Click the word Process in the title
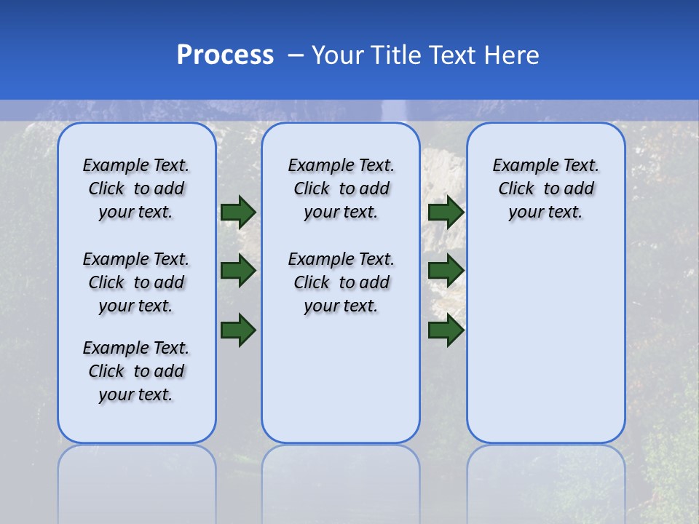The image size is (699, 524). pos(225,55)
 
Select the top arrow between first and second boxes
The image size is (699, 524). pos(238,212)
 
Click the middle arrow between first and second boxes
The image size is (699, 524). pos(238,271)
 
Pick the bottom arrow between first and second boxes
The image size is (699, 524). pos(238,329)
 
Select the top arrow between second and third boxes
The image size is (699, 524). pos(446,212)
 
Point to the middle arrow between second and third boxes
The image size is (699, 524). pos(446,271)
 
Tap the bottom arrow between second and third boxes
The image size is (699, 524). pos(446,329)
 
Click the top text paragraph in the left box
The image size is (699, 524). pos(136,188)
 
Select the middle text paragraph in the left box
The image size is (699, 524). pos(136,282)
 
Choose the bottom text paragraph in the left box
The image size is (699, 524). pos(136,371)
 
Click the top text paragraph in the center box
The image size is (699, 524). pos(341,188)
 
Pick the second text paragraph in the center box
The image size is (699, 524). pos(341,282)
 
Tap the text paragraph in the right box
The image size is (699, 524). pos(546,188)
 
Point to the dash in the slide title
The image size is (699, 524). pos(296,55)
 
